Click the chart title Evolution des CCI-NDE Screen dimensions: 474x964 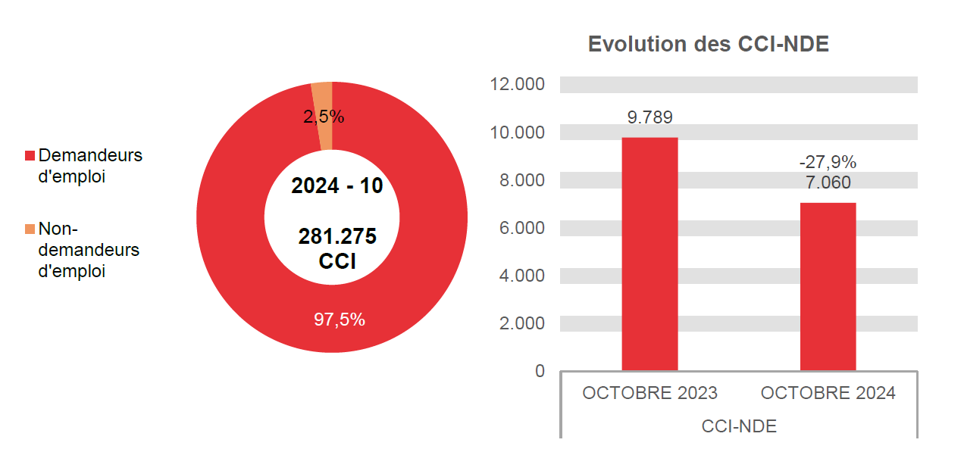[x=709, y=44]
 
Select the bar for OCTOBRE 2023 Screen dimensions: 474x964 [x=649, y=254]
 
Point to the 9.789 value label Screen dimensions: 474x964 [x=649, y=117]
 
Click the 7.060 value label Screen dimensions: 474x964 [x=828, y=182]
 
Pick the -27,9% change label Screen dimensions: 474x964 [x=828, y=162]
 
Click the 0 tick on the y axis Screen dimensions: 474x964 [x=540, y=371]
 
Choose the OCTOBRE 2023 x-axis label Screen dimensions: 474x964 [x=649, y=393]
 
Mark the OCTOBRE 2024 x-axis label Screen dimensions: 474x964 [x=828, y=393]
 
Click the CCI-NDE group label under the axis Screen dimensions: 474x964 [x=739, y=426]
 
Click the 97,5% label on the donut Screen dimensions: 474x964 [x=340, y=320]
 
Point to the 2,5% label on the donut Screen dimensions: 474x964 [x=324, y=117]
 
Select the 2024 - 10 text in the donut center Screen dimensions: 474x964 [x=337, y=186]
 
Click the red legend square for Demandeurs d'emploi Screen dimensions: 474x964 [x=30, y=155]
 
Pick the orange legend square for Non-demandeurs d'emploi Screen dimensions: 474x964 [x=30, y=229]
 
